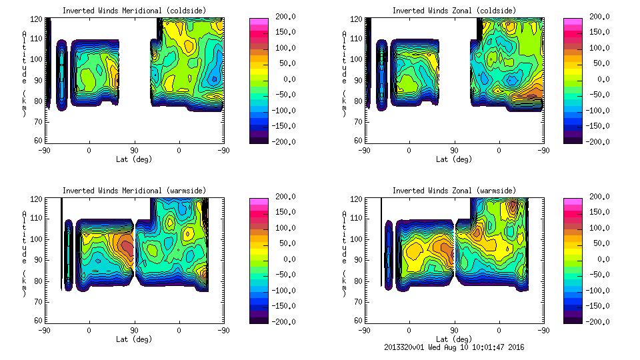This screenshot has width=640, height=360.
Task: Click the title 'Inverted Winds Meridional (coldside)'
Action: (x=134, y=10)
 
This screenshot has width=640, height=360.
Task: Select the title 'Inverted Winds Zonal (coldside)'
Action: (x=454, y=10)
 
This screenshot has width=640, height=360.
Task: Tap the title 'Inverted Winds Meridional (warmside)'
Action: (x=134, y=190)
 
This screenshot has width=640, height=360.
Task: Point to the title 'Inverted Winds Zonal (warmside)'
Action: (x=454, y=190)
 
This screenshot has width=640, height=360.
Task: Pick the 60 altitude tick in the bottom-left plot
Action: (x=39, y=321)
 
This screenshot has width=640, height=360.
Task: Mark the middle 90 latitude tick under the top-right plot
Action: (x=454, y=151)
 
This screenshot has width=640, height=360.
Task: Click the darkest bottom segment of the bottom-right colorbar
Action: (x=572, y=319)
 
